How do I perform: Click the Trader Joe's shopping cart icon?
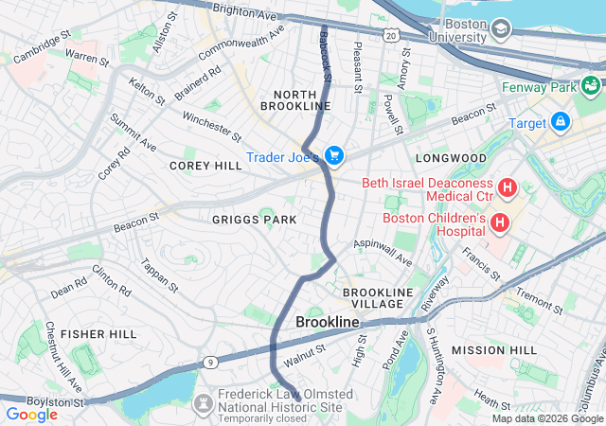pos(333,154)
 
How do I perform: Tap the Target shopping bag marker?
pos(561,122)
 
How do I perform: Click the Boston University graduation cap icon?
pos(499,30)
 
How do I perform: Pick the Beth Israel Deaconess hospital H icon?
pos(507,187)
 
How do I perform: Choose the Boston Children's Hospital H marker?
pos(499,224)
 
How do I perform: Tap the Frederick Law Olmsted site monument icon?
pos(202,403)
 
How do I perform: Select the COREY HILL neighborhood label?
pos(205,165)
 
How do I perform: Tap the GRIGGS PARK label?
pos(254,220)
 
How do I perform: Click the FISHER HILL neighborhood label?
pos(98,334)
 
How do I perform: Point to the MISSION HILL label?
pos(493,350)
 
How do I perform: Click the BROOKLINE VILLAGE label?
pos(379,298)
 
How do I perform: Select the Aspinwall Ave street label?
pos(383,252)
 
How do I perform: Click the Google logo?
pos(32,414)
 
